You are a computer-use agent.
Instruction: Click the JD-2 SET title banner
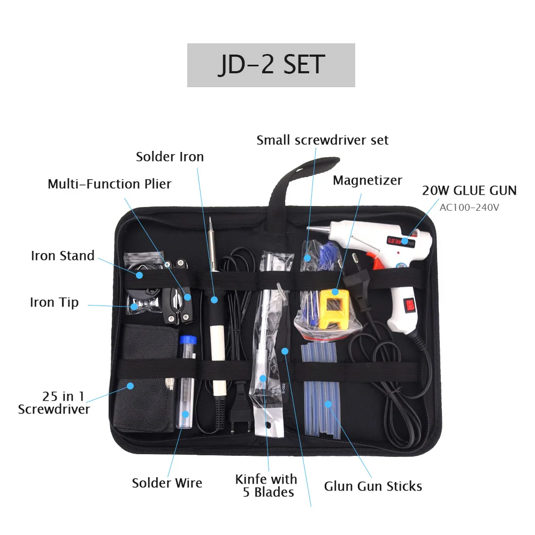(x=271, y=65)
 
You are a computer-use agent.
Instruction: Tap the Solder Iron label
(x=170, y=157)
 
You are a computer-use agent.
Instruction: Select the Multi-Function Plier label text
(x=109, y=184)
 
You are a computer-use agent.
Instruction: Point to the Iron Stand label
(x=63, y=256)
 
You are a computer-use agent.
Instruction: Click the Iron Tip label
(x=54, y=302)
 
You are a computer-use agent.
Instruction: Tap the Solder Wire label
(x=167, y=483)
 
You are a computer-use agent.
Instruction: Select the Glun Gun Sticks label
(x=373, y=486)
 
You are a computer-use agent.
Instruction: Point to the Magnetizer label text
(x=367, y=180)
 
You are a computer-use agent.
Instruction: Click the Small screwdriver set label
(x=322, y=140)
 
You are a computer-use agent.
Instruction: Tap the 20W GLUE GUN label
(x=469, y=190)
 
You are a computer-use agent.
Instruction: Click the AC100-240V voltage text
(x=469, y=207)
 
